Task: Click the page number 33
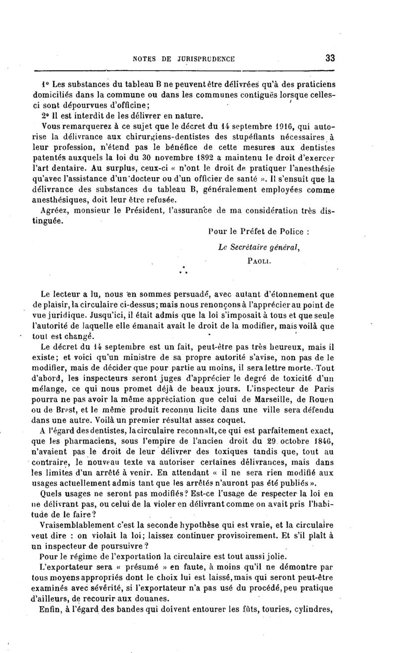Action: (330, 58)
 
